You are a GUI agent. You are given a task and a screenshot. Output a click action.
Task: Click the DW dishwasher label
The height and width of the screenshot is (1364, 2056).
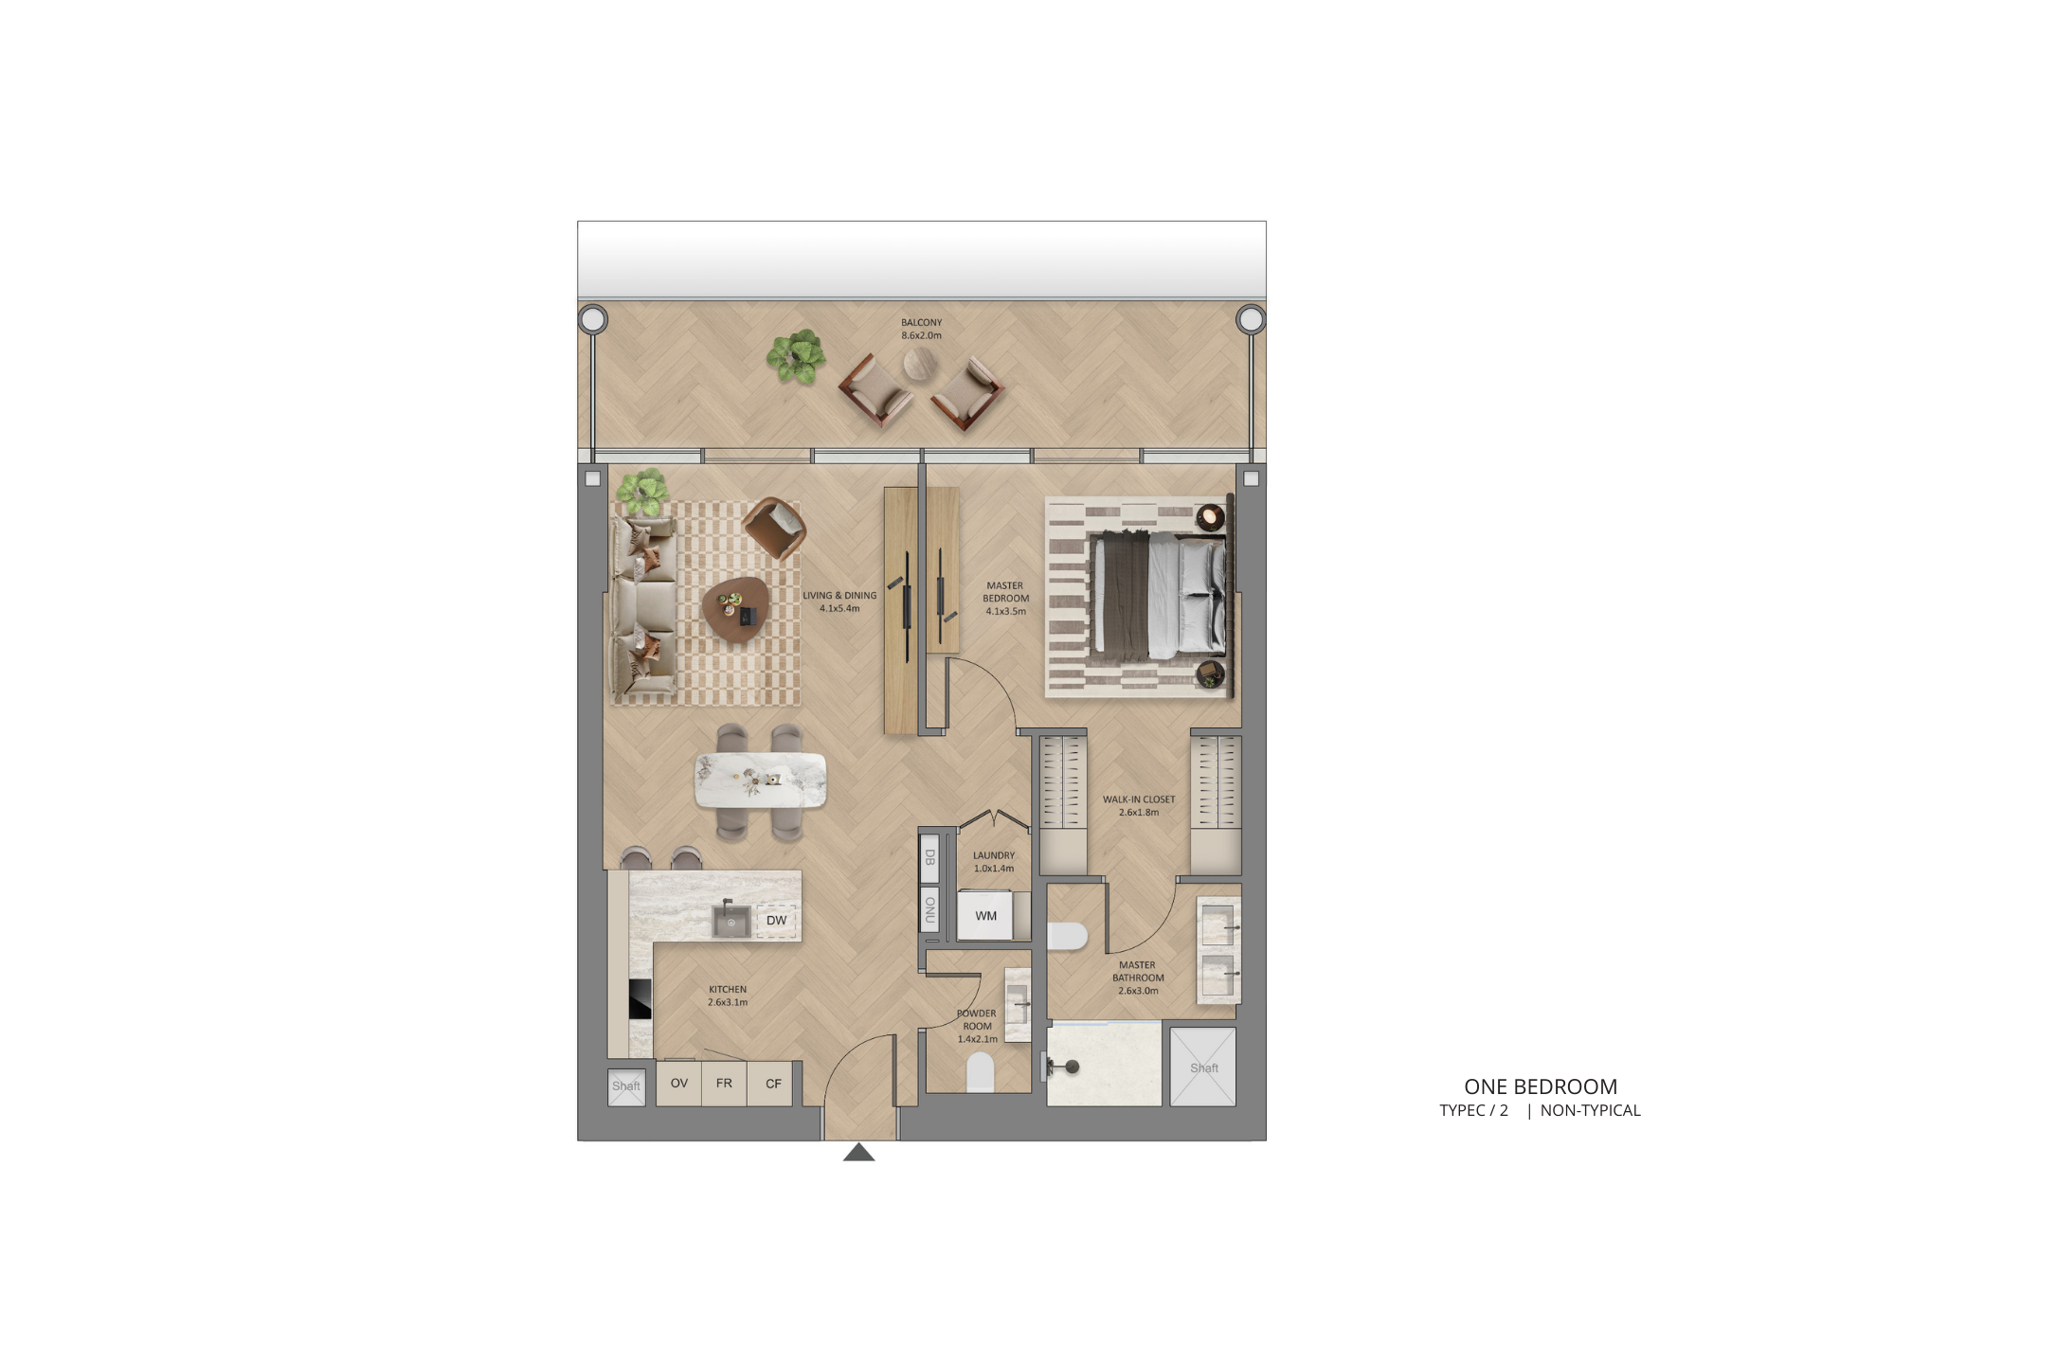point(776,921)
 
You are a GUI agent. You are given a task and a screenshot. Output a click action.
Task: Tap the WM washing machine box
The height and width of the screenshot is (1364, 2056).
point(985,916)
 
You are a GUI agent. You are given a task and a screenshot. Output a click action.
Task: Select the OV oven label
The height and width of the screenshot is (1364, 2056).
point(679,1083)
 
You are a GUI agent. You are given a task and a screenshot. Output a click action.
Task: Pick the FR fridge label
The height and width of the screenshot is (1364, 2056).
point(724,1083)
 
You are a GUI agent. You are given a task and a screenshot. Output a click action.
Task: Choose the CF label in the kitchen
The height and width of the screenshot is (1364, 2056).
point(773,1084)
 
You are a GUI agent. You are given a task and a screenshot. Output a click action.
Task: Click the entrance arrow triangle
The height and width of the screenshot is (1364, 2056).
point(858,1152)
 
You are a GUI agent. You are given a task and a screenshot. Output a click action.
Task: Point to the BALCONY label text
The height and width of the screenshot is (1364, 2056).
point(921,323)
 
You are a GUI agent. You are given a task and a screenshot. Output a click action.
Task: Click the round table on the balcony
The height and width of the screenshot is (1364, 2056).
point(919,364)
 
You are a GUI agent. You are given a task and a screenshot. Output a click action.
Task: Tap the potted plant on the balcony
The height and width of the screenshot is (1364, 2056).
point(796,356)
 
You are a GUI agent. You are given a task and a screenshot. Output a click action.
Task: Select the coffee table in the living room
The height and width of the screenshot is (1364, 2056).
point(735,610)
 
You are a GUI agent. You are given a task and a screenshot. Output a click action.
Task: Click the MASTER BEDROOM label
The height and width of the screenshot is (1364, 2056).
point(1005,592)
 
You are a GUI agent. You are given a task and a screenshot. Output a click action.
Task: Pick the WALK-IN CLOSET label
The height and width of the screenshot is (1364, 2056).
point(1139,799)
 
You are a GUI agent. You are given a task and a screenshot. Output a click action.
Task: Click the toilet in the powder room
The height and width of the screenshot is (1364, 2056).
point(980,1073)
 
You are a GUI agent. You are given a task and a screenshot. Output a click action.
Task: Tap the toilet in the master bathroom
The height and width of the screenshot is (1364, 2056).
point(1067,936)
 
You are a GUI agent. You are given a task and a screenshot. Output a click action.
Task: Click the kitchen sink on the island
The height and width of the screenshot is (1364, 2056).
point(730,921)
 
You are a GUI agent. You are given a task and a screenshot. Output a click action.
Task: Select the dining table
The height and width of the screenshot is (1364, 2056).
point(760,781)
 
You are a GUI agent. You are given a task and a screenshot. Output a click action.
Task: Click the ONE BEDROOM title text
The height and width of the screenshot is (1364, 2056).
point(1541,1086)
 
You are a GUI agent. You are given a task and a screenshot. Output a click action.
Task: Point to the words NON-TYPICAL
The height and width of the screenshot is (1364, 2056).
point(1590,1110)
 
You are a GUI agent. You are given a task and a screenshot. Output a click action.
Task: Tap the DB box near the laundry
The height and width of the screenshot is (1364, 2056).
point(929,857)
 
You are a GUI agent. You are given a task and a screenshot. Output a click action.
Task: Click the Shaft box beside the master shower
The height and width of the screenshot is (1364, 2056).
point(1203,1068)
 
